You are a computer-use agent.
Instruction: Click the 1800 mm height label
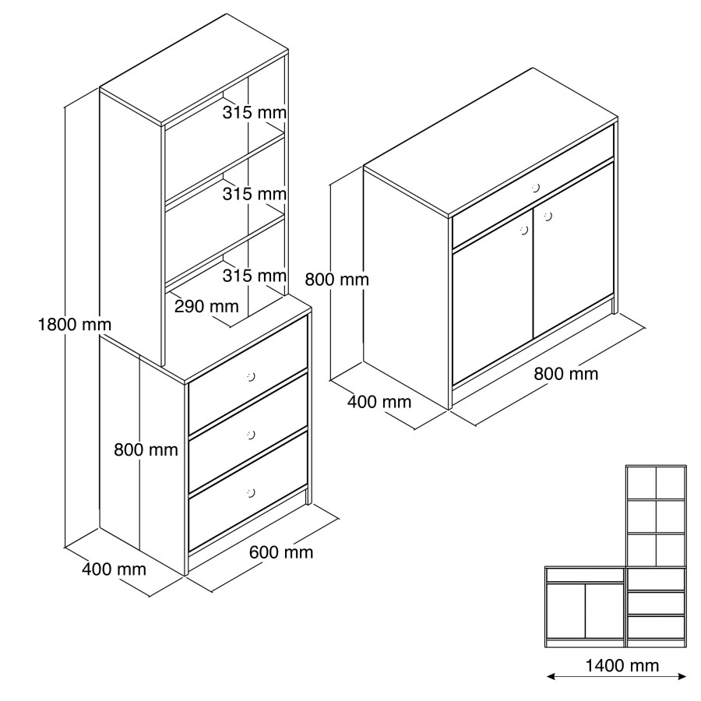[75, 325]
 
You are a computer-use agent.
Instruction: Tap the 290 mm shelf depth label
[206, 306]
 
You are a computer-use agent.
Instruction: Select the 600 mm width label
[281, 552]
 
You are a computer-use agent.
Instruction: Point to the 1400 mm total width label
[622, 666]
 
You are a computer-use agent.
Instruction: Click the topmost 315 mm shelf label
[255, 112]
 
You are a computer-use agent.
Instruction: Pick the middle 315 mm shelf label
[255, 194]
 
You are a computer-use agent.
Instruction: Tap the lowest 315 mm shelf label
[255, 276]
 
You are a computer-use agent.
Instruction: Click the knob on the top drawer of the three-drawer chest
[251, 377]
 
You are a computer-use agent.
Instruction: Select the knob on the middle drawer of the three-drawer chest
[251, 435]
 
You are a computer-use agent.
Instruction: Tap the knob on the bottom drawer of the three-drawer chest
[251, 493]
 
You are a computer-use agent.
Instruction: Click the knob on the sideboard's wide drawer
[536, 187]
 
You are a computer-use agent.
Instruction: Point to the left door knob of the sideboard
[524, 231]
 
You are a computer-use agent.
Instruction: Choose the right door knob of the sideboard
[548, 217]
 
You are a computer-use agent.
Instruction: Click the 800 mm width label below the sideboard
[566, 374]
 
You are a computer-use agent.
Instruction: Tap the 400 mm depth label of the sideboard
[379, 402]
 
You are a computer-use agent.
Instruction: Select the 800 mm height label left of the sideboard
[337, 280]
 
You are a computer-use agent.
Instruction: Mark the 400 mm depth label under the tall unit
[114, 569]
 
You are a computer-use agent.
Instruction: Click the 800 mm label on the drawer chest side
[146, 449]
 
